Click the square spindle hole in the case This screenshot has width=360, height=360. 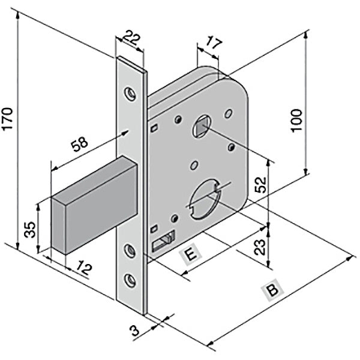click(200, 127)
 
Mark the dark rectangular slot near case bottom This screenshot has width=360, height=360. click(163, 241)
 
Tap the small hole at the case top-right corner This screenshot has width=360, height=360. click(228, 112)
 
